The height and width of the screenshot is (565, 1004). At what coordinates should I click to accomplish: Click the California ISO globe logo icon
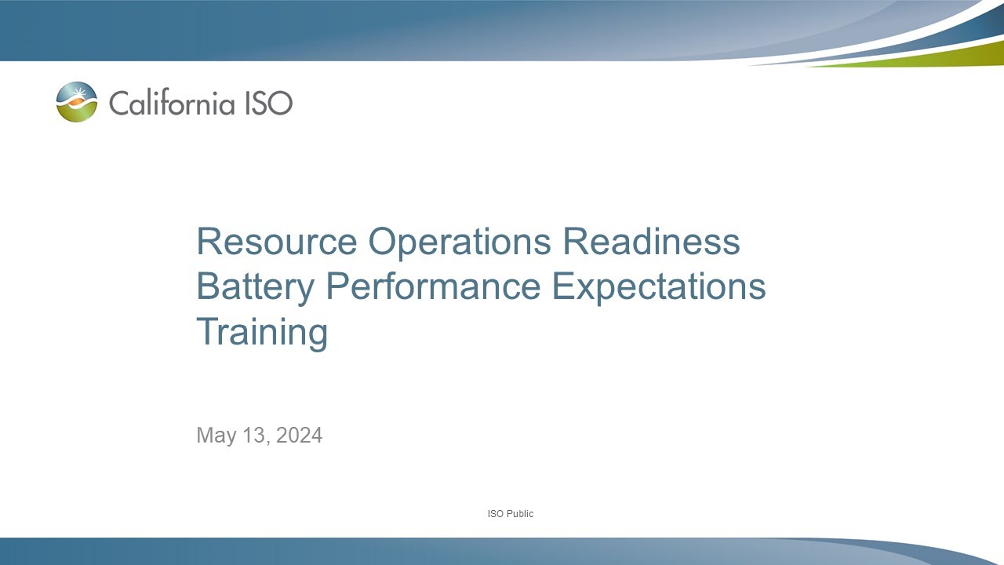(x=77, y=102)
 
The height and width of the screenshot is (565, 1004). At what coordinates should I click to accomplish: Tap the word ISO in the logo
(x=269, y=102)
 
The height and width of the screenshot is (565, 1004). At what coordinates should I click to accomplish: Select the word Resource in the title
(x=277, y=242)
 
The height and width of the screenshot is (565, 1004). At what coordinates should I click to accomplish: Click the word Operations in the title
(x=460, y=242)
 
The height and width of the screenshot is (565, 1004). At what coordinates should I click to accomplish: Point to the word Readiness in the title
(x=651, y=242)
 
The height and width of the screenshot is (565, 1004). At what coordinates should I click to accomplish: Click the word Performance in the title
(x=433, y=286)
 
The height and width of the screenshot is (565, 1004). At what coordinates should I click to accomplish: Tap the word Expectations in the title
(x=659, y=286)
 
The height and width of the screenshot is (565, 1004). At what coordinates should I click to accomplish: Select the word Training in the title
(x=261, y=331)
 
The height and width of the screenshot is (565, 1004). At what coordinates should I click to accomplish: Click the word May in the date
(x=213, y=436)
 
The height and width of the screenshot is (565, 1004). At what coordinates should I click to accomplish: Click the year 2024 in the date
(x=299, y=436)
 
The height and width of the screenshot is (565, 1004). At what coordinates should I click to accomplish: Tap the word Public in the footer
(x=519, y=514)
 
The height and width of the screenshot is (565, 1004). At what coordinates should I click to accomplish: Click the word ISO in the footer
(x=495, y=514)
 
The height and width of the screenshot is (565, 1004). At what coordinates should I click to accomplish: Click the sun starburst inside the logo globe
(x=77, y=95)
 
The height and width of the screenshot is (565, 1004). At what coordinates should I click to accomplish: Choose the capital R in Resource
(x=208, y=242)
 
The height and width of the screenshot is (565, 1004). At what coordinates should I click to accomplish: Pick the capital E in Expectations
(x=564, y=286)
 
